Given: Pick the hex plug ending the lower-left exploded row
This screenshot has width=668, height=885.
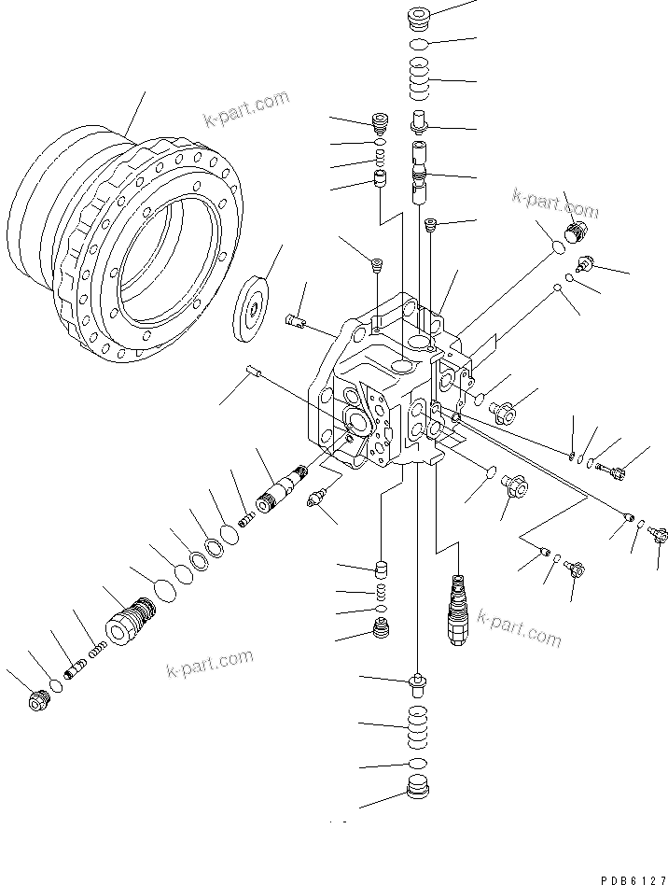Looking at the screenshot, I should [38, 701].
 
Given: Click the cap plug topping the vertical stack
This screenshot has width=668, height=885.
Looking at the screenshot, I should [418, 19].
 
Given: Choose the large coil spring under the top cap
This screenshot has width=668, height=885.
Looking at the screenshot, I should [418, 78].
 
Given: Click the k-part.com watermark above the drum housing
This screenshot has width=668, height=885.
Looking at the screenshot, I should [246, 111].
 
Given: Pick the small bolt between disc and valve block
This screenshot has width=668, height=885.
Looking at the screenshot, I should [295, 321].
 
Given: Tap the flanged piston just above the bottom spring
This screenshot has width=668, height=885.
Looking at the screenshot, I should [418, 690].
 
